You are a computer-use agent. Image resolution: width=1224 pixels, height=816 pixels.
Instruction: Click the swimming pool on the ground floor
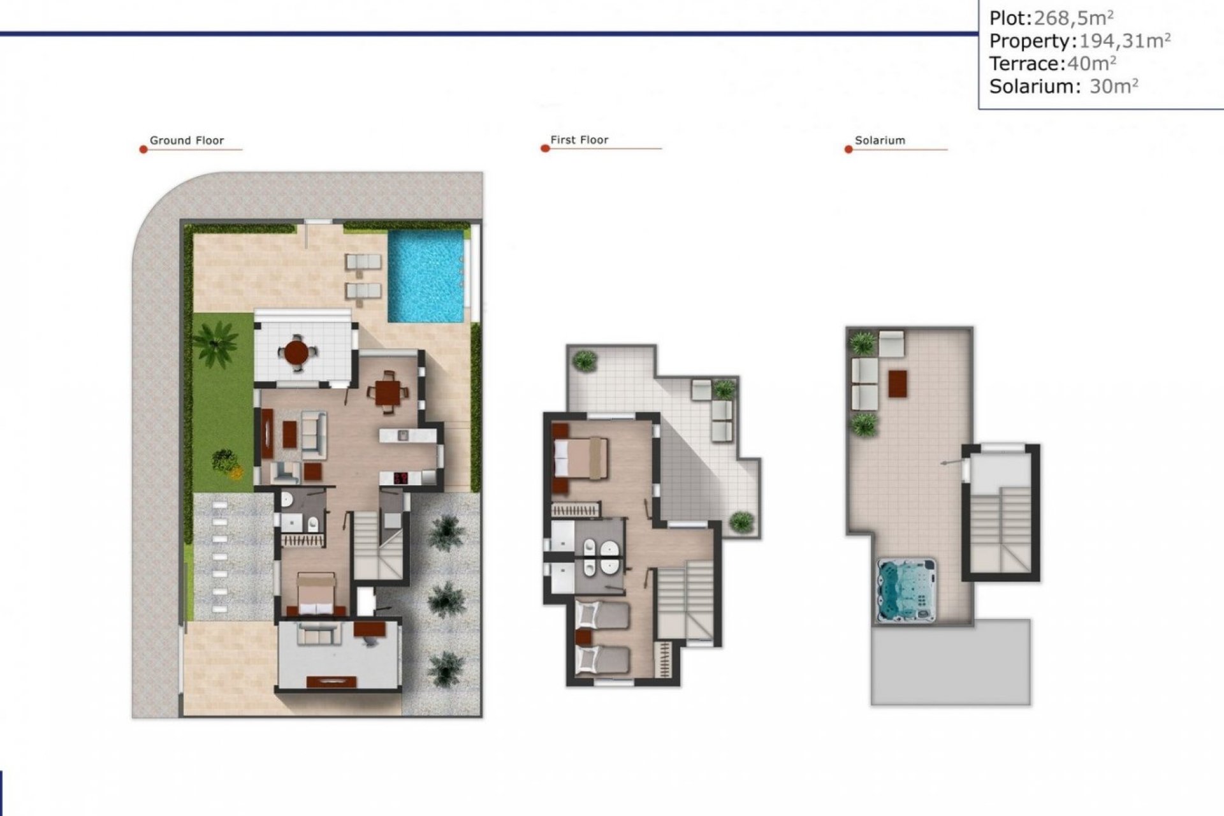tap(426, 275)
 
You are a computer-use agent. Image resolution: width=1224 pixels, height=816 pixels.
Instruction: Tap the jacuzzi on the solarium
tap(907, 590)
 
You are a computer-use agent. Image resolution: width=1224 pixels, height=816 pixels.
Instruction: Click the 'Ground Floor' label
tap(186, 140)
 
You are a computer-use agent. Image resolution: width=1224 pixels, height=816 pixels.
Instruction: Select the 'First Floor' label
tap(579, 140)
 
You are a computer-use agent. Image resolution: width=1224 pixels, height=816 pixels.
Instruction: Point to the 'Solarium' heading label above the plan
tap(879, 140)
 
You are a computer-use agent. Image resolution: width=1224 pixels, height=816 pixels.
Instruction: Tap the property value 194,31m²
tap(1124, 41)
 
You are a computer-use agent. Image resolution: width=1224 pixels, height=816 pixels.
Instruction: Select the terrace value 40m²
tap(1091, 63)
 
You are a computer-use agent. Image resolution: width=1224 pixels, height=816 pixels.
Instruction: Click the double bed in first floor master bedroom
tap(580, 458)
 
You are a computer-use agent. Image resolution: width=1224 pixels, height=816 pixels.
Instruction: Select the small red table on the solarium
tap(897, 384)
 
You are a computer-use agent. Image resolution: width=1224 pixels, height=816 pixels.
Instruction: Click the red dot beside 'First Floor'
tap(544, 149)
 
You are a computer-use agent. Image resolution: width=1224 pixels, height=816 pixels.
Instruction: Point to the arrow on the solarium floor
tap(950, 462)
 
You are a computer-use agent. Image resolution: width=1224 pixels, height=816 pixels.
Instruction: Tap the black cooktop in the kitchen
tap(401, 477)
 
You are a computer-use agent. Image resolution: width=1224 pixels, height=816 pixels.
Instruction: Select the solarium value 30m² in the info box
tap(1113, 86)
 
